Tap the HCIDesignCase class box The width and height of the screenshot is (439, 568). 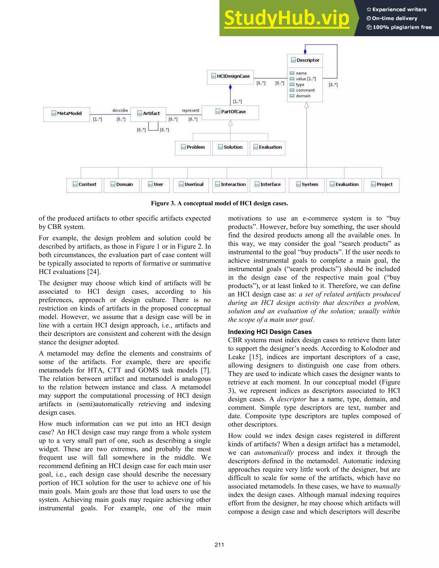[x=230, y=77]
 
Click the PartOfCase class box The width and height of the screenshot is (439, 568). [x=230, y=112]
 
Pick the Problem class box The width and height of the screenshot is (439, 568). [x=193, y=148]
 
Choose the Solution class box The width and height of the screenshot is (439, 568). [x=230, y=148]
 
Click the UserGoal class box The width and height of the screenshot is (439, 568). [x=191, y=185]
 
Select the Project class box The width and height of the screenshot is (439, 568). [x=381, y=185]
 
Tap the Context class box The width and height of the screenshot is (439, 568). [x=84, y=185]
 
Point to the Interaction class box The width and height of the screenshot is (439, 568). [x=230, y=185]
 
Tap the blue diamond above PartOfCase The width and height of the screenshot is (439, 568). [x=230, y=87]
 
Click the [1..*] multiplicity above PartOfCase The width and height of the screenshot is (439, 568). [x=237, y=101]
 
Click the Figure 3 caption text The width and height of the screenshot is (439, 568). [x=219, y=203]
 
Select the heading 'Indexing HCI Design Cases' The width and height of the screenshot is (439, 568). [x=270, y=332]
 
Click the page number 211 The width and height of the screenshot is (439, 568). [x=219, y=545]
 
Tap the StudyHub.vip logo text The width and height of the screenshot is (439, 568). [x=286, y=18]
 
